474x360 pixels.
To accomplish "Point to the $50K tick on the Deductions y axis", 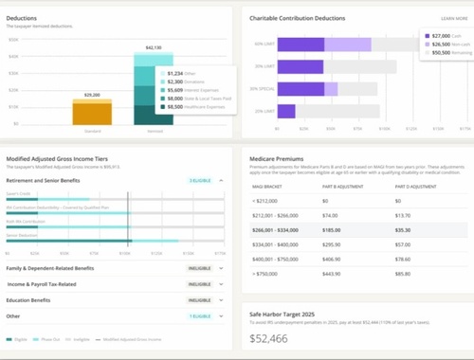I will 13,37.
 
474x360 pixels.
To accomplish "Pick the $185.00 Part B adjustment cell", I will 332,228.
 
